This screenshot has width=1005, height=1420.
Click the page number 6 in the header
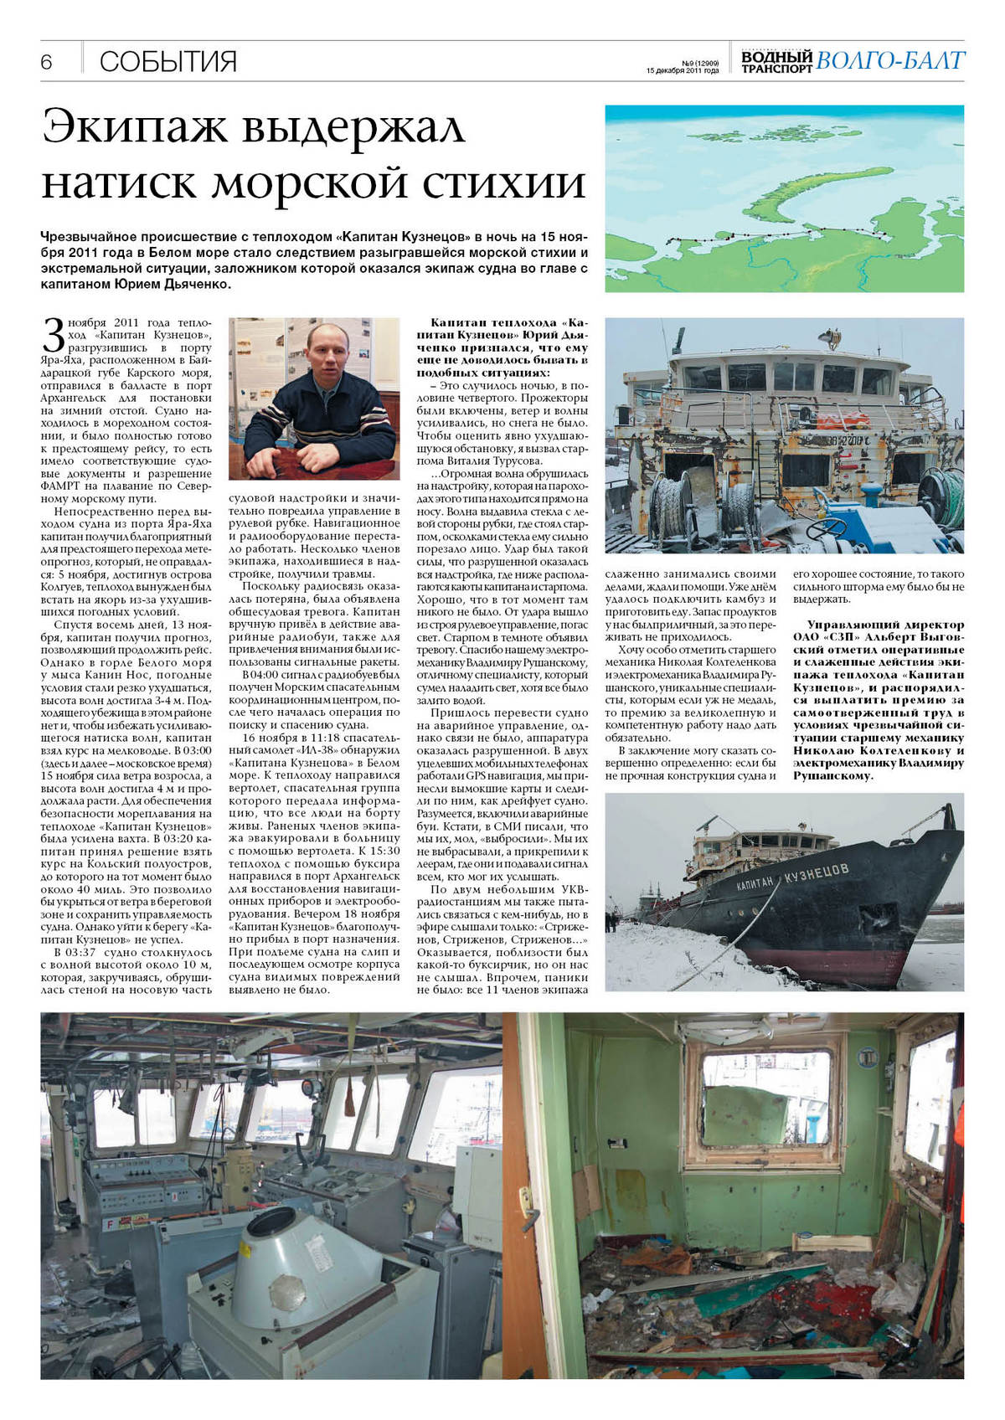pos(46,62)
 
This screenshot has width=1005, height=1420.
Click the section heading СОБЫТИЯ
pos(167,62)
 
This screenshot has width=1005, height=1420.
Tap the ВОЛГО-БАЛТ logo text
pos(890,61)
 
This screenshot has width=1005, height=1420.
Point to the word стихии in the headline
pos(508,182)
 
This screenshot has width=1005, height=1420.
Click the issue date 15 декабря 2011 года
pos(682,71)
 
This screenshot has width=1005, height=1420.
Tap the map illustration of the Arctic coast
pos(784,198)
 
